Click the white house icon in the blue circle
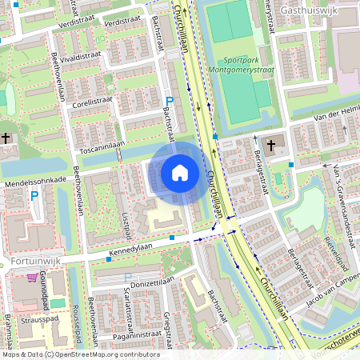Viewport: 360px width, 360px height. pyautogui.click(x=180, y=173)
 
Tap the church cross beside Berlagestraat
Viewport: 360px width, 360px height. pyautogui.click(x=270, y=146)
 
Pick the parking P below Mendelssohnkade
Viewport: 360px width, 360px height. pyautogui.click(x=34, y=194)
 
